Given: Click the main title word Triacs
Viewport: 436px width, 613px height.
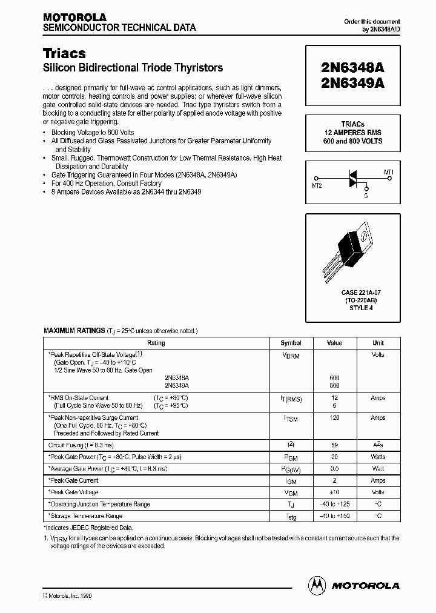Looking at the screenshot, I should tap(64, 53).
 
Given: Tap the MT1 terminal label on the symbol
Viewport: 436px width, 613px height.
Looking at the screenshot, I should tap(389, 172).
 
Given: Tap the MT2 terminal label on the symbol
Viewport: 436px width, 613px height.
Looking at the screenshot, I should tap(317, 185).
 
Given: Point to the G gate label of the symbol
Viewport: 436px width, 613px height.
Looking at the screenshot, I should tap(366, 196).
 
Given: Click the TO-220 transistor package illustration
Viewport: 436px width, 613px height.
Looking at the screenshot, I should tap(352, 245).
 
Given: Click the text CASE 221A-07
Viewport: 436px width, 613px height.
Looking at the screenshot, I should tap(352, 293).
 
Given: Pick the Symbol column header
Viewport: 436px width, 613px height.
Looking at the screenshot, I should tap(291, 343).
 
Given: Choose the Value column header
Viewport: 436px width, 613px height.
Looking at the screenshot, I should tap(334, 343).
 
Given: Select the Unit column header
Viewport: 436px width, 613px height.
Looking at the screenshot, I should tap(378, 343).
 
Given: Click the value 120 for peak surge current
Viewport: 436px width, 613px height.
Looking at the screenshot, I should tap(334, 418).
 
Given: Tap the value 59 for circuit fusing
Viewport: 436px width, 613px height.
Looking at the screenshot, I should tap(334, 445).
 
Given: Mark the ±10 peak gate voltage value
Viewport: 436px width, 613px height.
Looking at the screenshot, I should tap(334, 492).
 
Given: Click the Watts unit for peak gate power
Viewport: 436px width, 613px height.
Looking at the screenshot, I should tap(378, 457).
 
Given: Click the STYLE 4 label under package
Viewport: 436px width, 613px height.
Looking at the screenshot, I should tap(352, 307).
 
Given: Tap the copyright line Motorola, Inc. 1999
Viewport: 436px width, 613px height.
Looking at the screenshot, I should tap(68, 596).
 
